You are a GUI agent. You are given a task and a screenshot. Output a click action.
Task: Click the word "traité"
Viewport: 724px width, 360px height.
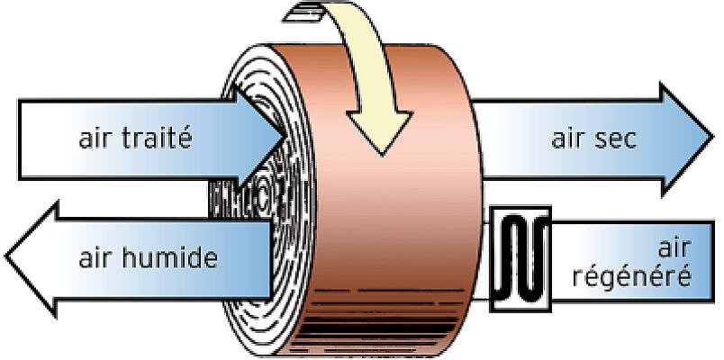157,138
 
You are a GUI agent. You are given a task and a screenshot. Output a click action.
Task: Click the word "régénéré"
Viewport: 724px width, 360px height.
631,276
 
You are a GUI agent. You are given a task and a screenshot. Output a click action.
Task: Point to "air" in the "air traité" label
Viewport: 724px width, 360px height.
95,138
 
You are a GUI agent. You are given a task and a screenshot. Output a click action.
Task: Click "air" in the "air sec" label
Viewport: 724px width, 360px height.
568,138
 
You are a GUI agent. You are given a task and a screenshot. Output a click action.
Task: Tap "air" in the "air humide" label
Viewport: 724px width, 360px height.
95,257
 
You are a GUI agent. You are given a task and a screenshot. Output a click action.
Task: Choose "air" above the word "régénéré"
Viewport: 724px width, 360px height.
675,247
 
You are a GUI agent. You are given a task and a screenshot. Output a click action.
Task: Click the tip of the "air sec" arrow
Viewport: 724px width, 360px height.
713,138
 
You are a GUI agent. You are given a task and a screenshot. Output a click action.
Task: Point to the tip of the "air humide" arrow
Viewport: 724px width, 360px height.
5,256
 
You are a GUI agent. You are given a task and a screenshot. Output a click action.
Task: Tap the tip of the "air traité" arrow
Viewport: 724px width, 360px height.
285,137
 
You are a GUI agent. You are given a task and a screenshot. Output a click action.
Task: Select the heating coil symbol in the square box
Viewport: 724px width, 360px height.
520,259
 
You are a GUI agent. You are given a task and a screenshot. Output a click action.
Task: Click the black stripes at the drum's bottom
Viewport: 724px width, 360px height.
378,323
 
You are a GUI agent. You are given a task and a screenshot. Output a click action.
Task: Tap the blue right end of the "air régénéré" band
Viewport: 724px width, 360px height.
701,261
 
